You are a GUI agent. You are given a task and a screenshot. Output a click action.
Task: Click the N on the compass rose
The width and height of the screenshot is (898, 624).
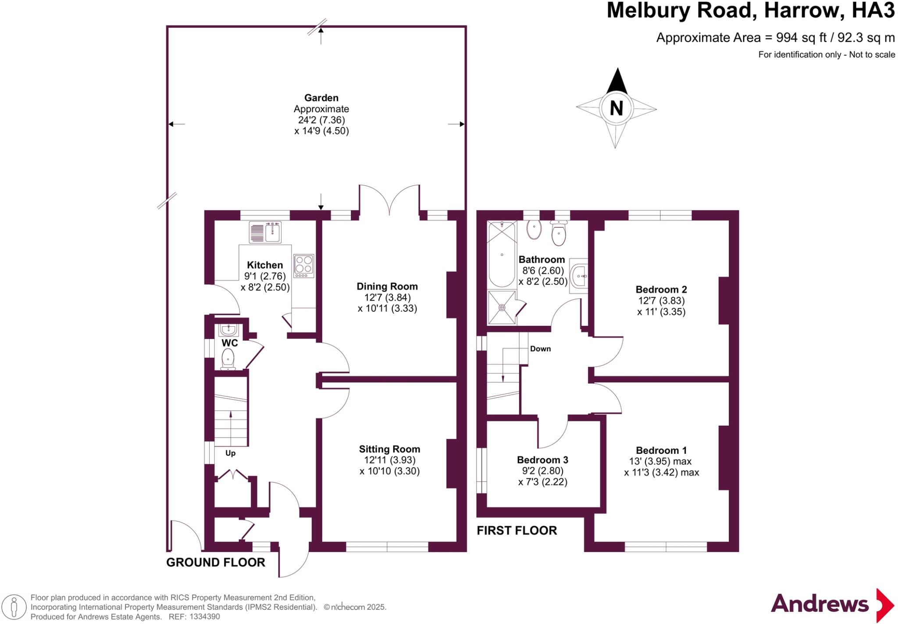pyautogui.click(x=616, y=108)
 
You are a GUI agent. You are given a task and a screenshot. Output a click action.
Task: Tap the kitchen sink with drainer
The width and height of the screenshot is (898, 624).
pyautogui.click(x=265, y=232)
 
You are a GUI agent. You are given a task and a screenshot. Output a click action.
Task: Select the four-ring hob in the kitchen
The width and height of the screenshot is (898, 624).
pyautogui.click(x=303, y=266)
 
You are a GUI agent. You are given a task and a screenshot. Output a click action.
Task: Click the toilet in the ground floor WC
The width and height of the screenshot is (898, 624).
pyautogui.click(x=228, y=359)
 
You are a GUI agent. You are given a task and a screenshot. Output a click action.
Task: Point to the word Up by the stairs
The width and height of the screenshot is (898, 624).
pyautogui.click(x=230, y=453)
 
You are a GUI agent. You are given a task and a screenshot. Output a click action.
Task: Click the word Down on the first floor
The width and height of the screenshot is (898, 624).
pyautogui.click(x=540, y=349)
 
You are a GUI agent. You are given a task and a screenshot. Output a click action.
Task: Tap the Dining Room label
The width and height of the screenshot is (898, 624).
pyautogui.click(x=387, y=286)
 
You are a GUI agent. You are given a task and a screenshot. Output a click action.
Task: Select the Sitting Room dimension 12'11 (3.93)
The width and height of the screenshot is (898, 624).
pyautogui.click(x=389, y=460)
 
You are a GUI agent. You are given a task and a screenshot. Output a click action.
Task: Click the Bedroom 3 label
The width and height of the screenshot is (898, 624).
pyautogui.click(x=542, y=460)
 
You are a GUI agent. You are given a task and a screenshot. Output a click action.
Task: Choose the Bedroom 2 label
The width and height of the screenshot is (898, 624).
pyautogui.click(x=661, y=289)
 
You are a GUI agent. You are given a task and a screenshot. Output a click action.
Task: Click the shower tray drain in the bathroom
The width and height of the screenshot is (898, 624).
pyautogui.click(x=502, y=307)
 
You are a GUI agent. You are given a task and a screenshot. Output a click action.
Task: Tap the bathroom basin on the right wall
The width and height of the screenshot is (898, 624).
pyautogui.click(x=578, y=276)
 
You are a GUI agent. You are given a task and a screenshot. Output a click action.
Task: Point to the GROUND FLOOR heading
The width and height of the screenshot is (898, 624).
pyautogui.click(x=215, y=562)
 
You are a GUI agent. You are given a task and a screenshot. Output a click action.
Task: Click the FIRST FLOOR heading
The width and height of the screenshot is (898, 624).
pyautogui.click(x=517, y=531)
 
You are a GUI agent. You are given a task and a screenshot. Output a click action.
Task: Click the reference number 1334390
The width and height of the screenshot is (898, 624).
pyautogui.click(x=204, y=617)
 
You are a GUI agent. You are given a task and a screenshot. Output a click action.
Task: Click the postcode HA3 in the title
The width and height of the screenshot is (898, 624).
pyautogui.click(x=873, y=11)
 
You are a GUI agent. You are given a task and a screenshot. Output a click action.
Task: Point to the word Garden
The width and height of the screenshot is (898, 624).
pyautogui.click(x=321, y=98)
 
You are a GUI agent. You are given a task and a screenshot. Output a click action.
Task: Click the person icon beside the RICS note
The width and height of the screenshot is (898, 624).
pyautogui.click(x=14, y=607)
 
